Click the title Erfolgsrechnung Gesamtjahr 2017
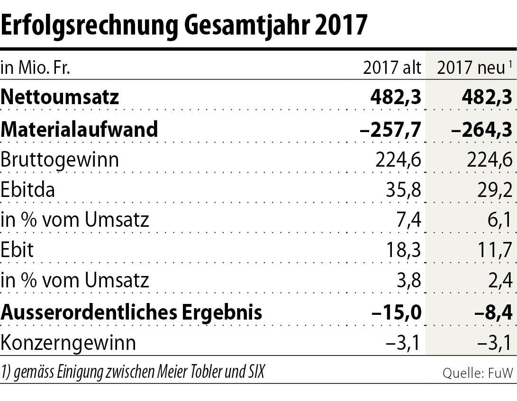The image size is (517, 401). (184, 25)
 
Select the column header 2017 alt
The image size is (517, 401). (392, 68)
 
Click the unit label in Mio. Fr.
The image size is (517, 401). (36, 68)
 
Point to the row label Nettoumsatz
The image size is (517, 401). (60, 98)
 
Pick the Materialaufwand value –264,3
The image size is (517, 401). (479, 129)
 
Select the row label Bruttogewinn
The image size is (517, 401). (60, 160)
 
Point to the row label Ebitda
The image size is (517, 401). (27, 190)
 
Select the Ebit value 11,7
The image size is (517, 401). (494, 250)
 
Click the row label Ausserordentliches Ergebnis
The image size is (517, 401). (131, 312)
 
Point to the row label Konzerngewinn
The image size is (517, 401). (68, 342)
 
